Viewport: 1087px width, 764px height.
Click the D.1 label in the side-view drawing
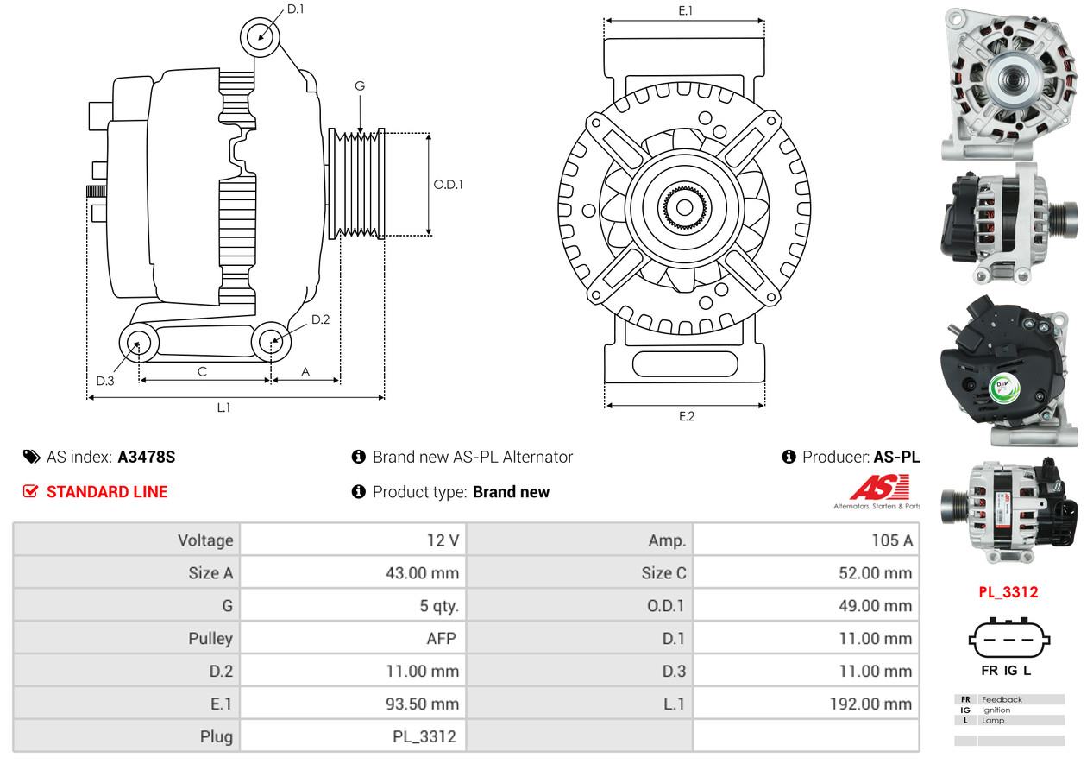[296, 9]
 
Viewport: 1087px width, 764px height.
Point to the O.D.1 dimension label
[448, 184]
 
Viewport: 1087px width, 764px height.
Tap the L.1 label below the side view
[223, 407]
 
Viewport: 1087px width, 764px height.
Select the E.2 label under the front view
[686, 416]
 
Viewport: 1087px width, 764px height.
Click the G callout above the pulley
[360, 86]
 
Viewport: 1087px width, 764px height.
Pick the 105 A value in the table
[892, 540]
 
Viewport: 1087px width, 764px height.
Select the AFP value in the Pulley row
[445, 639]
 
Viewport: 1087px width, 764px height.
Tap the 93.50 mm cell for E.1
[422, 704]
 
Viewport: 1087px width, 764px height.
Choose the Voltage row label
[205, 540]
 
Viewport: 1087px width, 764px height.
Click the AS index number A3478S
[146, 457]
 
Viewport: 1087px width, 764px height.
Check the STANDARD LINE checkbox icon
[30, 492]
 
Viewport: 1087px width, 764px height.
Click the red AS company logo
[880, 489]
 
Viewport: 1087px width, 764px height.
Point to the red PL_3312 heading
[1008, 592]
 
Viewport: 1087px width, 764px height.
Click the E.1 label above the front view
[686, 10]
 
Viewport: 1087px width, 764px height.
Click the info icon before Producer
[789, 457]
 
